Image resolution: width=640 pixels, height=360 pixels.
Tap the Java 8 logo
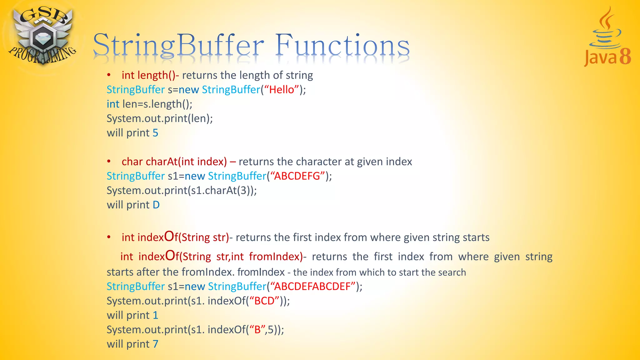[607, 37]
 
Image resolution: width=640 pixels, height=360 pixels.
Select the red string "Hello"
[282, 90]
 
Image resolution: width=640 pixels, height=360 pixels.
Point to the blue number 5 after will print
[155, 133]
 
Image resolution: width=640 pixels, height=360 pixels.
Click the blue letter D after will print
[156, 205]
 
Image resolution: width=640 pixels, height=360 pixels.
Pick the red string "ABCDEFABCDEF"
[312, 286]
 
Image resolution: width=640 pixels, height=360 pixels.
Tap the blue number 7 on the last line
[155, 344]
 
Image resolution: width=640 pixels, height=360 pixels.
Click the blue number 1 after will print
[155, 315]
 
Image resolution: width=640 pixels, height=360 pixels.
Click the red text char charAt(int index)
[174, 162]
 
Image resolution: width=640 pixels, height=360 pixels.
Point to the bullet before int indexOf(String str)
[109, 237]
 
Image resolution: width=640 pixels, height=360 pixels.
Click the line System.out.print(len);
[160, 118]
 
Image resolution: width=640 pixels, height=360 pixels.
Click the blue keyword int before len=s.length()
[113, 104]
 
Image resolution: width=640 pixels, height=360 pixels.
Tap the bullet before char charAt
[109, 162]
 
